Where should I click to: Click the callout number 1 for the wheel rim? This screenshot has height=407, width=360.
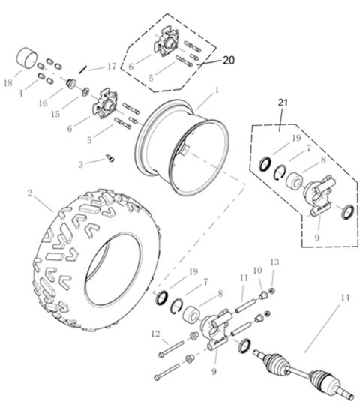[217, 90]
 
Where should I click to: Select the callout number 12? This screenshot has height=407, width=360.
[154, 333]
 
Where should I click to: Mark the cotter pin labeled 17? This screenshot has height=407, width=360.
[87, 68]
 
